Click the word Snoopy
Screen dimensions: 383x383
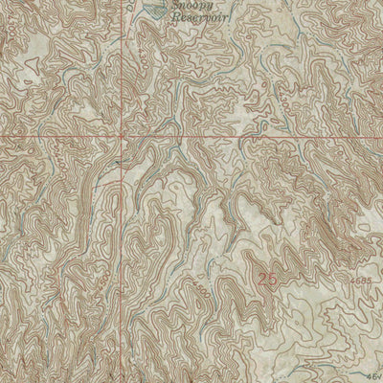pyautogui.click(x=192, y=7)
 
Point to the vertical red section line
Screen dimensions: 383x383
pyautogui.click(x=121, y=77)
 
